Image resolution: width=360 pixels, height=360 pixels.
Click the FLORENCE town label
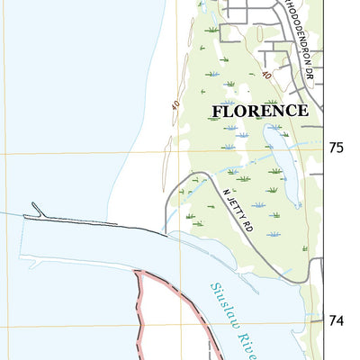coord(261,111)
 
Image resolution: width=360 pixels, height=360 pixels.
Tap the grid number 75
coord(337,147)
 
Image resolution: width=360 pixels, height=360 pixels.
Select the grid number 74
coord(337,319)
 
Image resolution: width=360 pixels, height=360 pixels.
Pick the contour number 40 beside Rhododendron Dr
coord(265,75)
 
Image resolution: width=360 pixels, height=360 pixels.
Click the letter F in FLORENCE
coord(217,111)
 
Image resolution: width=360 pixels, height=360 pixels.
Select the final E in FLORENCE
coord(303,111)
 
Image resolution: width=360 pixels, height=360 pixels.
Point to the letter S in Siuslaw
coord(214,289)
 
